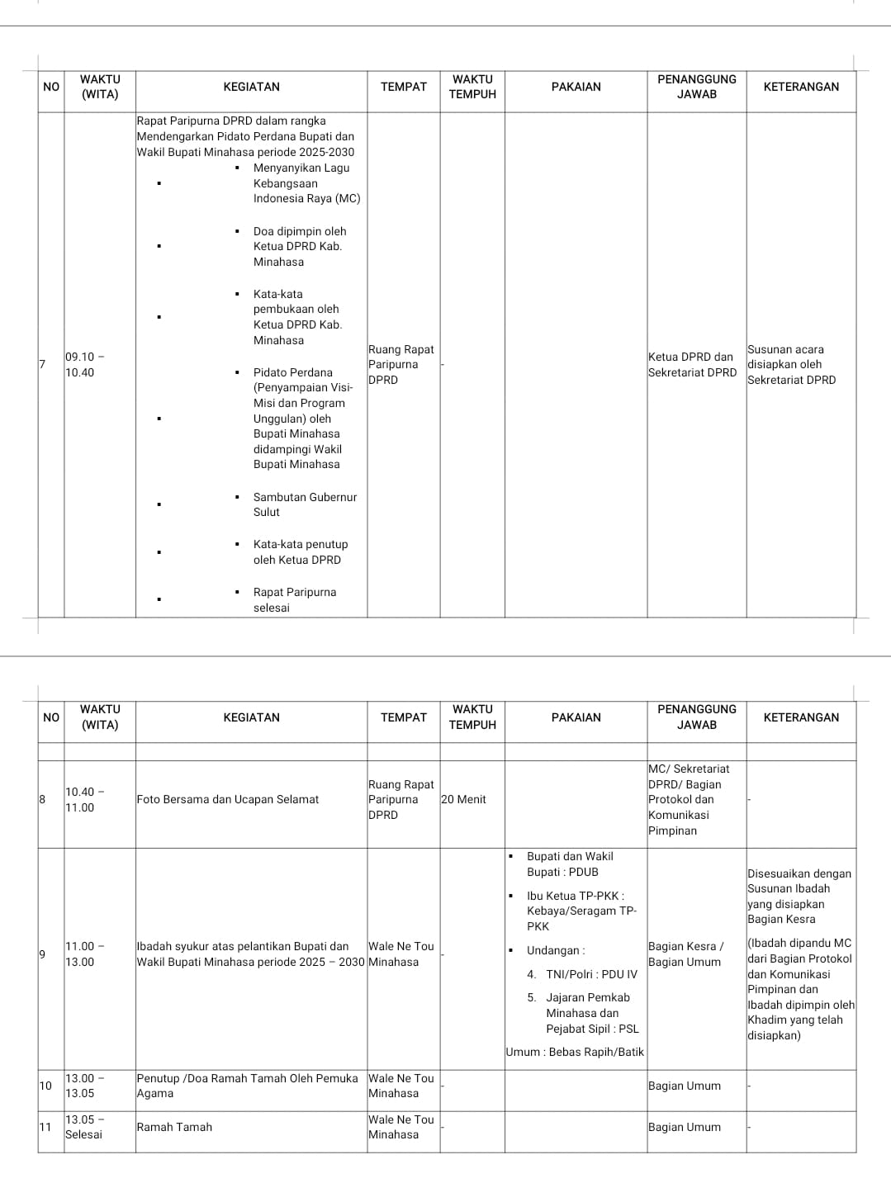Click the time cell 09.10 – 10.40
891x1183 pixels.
coord(85,364)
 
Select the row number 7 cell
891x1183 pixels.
coord(43,364)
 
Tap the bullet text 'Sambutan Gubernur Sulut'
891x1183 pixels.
coord(304,504)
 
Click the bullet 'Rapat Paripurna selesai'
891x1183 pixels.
coord(294,599)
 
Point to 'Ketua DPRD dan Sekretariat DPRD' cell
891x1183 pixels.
coord(692,364)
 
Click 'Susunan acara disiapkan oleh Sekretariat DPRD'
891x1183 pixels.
coord(791,364)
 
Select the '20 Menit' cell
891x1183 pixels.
coord(464,799)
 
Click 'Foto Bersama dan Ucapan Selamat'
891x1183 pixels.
coord(228,799)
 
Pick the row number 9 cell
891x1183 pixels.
coord(43,954)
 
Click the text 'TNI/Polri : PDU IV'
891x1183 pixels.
coord(591,974)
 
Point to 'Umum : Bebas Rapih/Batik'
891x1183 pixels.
coord(575,1052)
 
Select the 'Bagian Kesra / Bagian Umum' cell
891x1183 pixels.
coord(685,954)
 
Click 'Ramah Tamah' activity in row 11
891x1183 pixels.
coord(174,1127)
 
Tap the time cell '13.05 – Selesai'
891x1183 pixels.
coord(85,1127)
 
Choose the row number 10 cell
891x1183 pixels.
coord(46,1086)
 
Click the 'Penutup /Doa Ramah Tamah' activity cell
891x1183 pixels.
coord(247,1086)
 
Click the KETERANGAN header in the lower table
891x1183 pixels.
coord(801,717)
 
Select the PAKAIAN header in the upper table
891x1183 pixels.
coord(576,87)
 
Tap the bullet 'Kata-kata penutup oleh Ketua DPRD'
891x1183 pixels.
coord(300,551)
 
